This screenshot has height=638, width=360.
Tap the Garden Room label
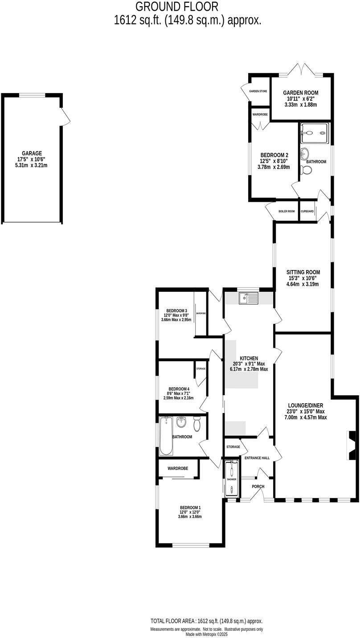[300, 93]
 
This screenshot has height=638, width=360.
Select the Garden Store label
[258, 91]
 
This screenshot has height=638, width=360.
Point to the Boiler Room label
[286, 211]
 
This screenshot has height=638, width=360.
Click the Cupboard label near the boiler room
[307, 211]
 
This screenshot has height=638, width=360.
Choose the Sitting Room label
[303, 272]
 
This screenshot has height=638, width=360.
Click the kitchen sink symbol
[249, 298]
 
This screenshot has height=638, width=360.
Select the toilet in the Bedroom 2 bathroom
[306, 169]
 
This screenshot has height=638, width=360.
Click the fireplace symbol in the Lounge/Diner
[351, 446]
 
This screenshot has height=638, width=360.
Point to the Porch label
[258, 486]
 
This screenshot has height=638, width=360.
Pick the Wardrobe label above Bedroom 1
[177, 468]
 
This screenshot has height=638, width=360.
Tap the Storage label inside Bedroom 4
[200, 368]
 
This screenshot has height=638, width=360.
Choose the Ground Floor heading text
[177, 7]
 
